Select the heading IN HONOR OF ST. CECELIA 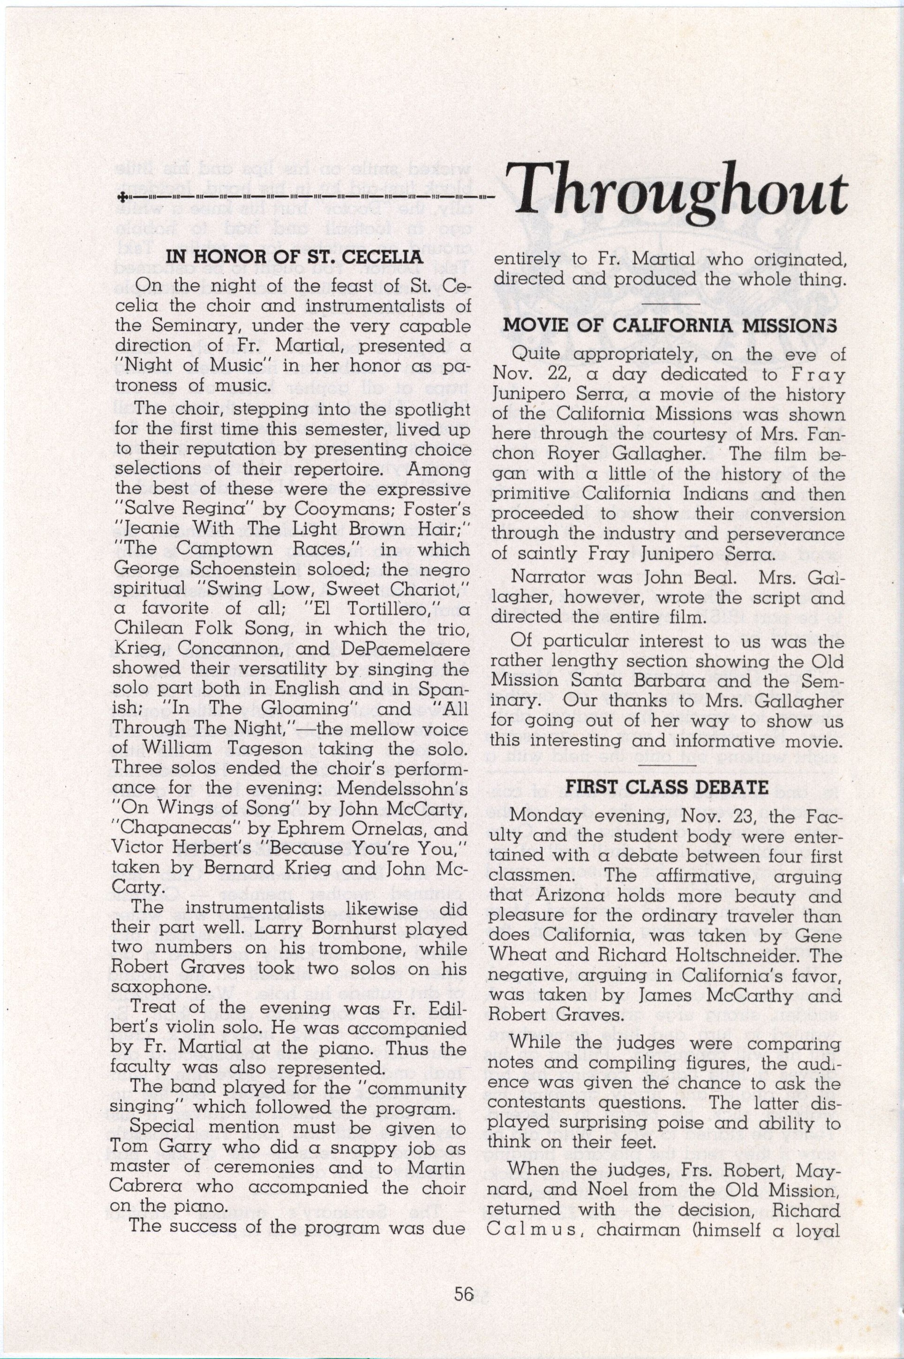pyautogui.click(x=294, y=258)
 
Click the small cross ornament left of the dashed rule pyautogui.click(x=121, y=197)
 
